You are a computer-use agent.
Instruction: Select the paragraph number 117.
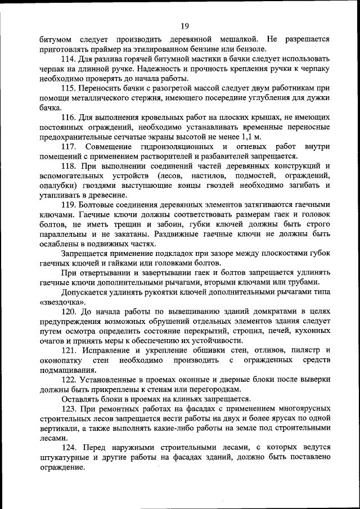[x=72, y=147]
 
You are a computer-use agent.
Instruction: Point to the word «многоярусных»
[x=301, y=409]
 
